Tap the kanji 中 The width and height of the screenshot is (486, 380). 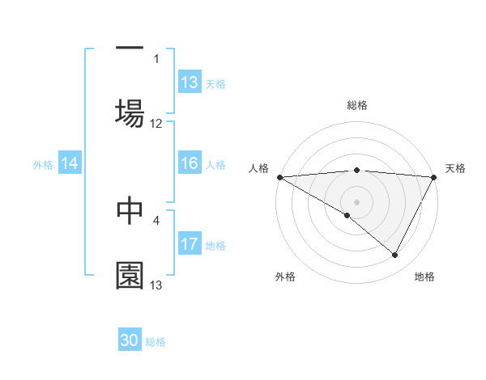[x=130, y=209]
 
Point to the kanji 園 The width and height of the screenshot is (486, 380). [x=130, y=275]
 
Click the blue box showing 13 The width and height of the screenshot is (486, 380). [x=190, y=82]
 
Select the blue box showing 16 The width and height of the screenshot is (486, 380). [x=190, y=164]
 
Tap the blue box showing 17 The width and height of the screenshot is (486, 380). [x=190, y=245]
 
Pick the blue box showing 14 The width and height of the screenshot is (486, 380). [x=70, y=164]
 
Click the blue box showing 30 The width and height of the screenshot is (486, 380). [x=130, y=341]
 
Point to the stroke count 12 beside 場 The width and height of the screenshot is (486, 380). [x=156, y=124]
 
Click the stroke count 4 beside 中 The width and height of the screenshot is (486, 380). [x=156, y=219]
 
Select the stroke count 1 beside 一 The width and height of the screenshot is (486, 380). [x=156, y=58]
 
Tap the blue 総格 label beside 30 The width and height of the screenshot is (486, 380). [x=156, y=342]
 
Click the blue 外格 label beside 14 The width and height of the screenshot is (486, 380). [x=43, y=165]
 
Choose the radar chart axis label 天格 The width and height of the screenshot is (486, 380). [x=456, y=168]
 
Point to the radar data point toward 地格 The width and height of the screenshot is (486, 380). [x=395, y=255]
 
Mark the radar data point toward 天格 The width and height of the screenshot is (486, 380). [x=434, y=177]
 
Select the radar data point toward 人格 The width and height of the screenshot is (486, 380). [x=279, y=177]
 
